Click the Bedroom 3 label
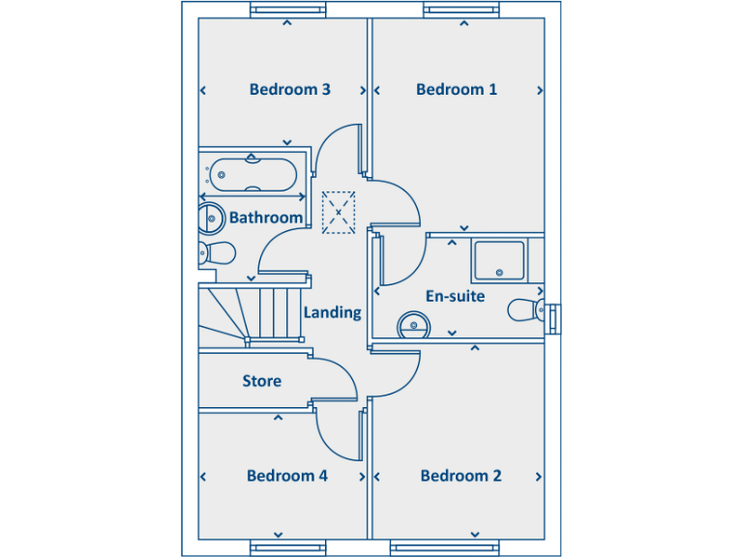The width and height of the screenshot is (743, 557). click(290, 89)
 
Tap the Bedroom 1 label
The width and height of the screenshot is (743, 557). click(457, 89)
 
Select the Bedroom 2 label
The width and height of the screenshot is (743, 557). click(461, 476)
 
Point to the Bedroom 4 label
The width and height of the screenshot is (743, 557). click(286, 476)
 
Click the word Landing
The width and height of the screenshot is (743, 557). click(332, 312)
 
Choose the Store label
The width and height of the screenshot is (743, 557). click(261, 381)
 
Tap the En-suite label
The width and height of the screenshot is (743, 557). click(455, 296)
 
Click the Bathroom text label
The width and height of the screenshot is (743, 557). click(265, 218)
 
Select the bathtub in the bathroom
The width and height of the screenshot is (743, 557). click(252, 174)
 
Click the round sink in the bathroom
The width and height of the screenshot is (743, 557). click(209, 219)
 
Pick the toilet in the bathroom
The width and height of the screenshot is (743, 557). click(217, 254)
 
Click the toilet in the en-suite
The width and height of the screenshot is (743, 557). click(525, 309)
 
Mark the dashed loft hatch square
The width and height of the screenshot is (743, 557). click(339, 212)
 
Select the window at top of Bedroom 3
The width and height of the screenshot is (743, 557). click(287, 10)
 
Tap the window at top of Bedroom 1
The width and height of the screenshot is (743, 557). click(461, 10)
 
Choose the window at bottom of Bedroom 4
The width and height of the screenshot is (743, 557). click(287, 548)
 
